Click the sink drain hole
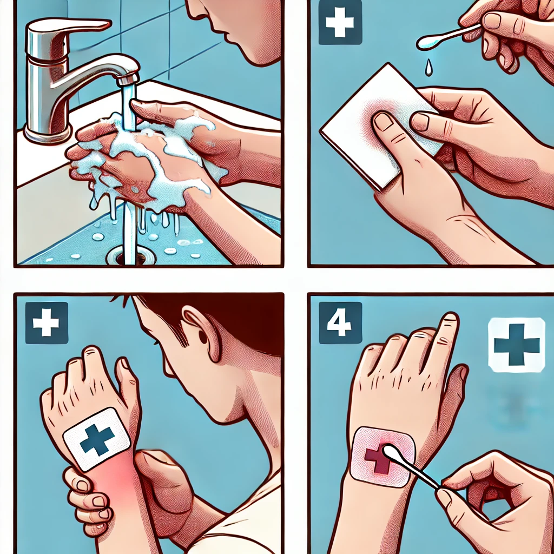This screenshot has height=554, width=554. click(131, 255)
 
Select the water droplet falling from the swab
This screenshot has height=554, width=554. click(428, 68)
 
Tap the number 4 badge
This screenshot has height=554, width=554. click(340, 322)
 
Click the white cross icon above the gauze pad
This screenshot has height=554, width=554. click(340, 22)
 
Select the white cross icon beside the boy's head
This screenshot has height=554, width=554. click(46, 322)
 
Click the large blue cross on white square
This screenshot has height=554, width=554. click(517, 345)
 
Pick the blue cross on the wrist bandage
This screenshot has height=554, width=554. click(97, 440)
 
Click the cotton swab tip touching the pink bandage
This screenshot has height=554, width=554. click(391, 453)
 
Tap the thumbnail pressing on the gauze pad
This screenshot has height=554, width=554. click(384, 122)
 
